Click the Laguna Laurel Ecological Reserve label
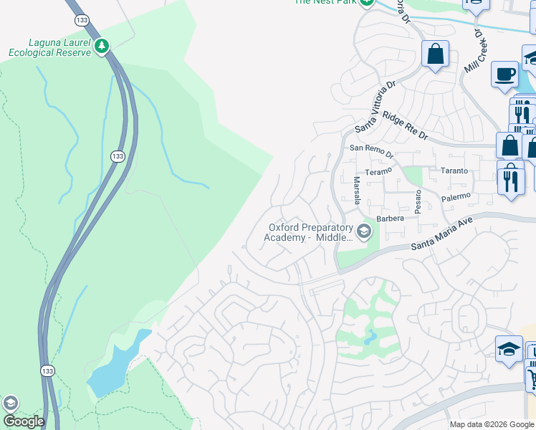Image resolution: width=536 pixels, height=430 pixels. (49, 47)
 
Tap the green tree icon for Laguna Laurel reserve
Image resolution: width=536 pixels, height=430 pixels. (102, 47)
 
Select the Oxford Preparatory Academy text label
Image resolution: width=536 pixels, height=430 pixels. (310, 232)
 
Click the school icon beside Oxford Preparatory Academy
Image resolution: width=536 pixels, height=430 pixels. (364, 231)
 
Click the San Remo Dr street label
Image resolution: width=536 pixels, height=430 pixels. (371, 153)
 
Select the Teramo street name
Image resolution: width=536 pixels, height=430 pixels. (378, 171)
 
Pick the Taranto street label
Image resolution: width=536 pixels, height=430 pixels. (454, 171)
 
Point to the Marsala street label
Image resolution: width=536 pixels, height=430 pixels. (356, 191)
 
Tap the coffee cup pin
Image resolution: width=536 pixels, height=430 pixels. (504, 74)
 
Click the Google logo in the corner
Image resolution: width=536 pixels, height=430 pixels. (23, 421)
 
